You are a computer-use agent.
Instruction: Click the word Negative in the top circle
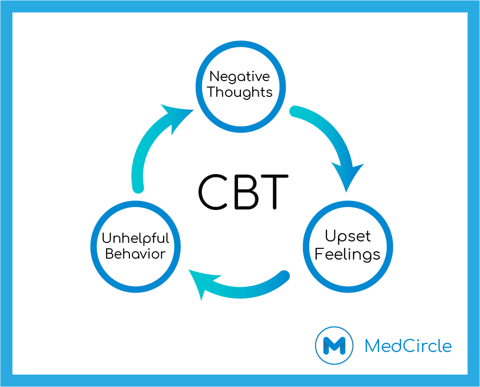pos(240,77)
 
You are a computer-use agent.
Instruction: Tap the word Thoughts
pos(240,92)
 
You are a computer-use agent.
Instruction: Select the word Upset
pos(348,237)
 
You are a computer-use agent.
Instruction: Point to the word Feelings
pos(347,254)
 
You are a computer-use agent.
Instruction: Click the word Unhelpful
pos(135,238)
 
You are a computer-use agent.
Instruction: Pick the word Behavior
pos(135,254)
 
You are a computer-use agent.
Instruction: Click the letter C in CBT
pos(213,192)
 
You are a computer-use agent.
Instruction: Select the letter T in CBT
pos(275,192)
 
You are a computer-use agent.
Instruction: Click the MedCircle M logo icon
pos(334,345)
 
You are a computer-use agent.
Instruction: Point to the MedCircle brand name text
pos(408,346)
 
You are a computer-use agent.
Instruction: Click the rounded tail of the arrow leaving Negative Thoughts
pos(295,112)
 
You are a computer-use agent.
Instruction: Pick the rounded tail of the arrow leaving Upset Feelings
pos(284,276)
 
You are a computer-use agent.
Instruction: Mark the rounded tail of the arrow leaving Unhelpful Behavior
pos(138,188)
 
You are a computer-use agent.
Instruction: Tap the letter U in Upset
pos(330,235)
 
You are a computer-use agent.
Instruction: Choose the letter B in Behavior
pos(109,254)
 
